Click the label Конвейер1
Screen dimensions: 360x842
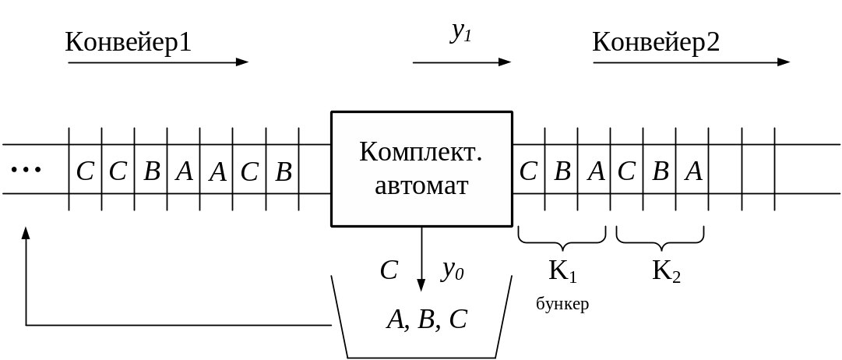(x=129, y=42)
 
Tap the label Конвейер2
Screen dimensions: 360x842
(x=656, y=42)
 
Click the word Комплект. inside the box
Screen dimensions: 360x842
(x=421, y=152)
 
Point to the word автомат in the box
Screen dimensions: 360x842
(x=421, y=186)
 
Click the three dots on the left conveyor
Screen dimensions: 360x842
(x=26, y=170)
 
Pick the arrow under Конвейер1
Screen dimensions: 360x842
(x=158, y=62)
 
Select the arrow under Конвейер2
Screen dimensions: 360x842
(x=691, y=62)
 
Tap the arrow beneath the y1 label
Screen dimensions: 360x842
(x=461, y=62)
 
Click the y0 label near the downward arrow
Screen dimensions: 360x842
(x=453, y=270)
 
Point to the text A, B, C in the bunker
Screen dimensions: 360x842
(x=427, y=319)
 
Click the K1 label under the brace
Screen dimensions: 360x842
(x=562, y=271)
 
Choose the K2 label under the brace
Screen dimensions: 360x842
(x=666, y=271)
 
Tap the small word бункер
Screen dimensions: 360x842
(x=562, y=304)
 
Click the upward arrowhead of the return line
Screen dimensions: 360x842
(x=26, y=233)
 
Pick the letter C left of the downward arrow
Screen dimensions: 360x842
(x=389, y=271)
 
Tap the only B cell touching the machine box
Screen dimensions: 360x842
(x=284, y=171)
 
